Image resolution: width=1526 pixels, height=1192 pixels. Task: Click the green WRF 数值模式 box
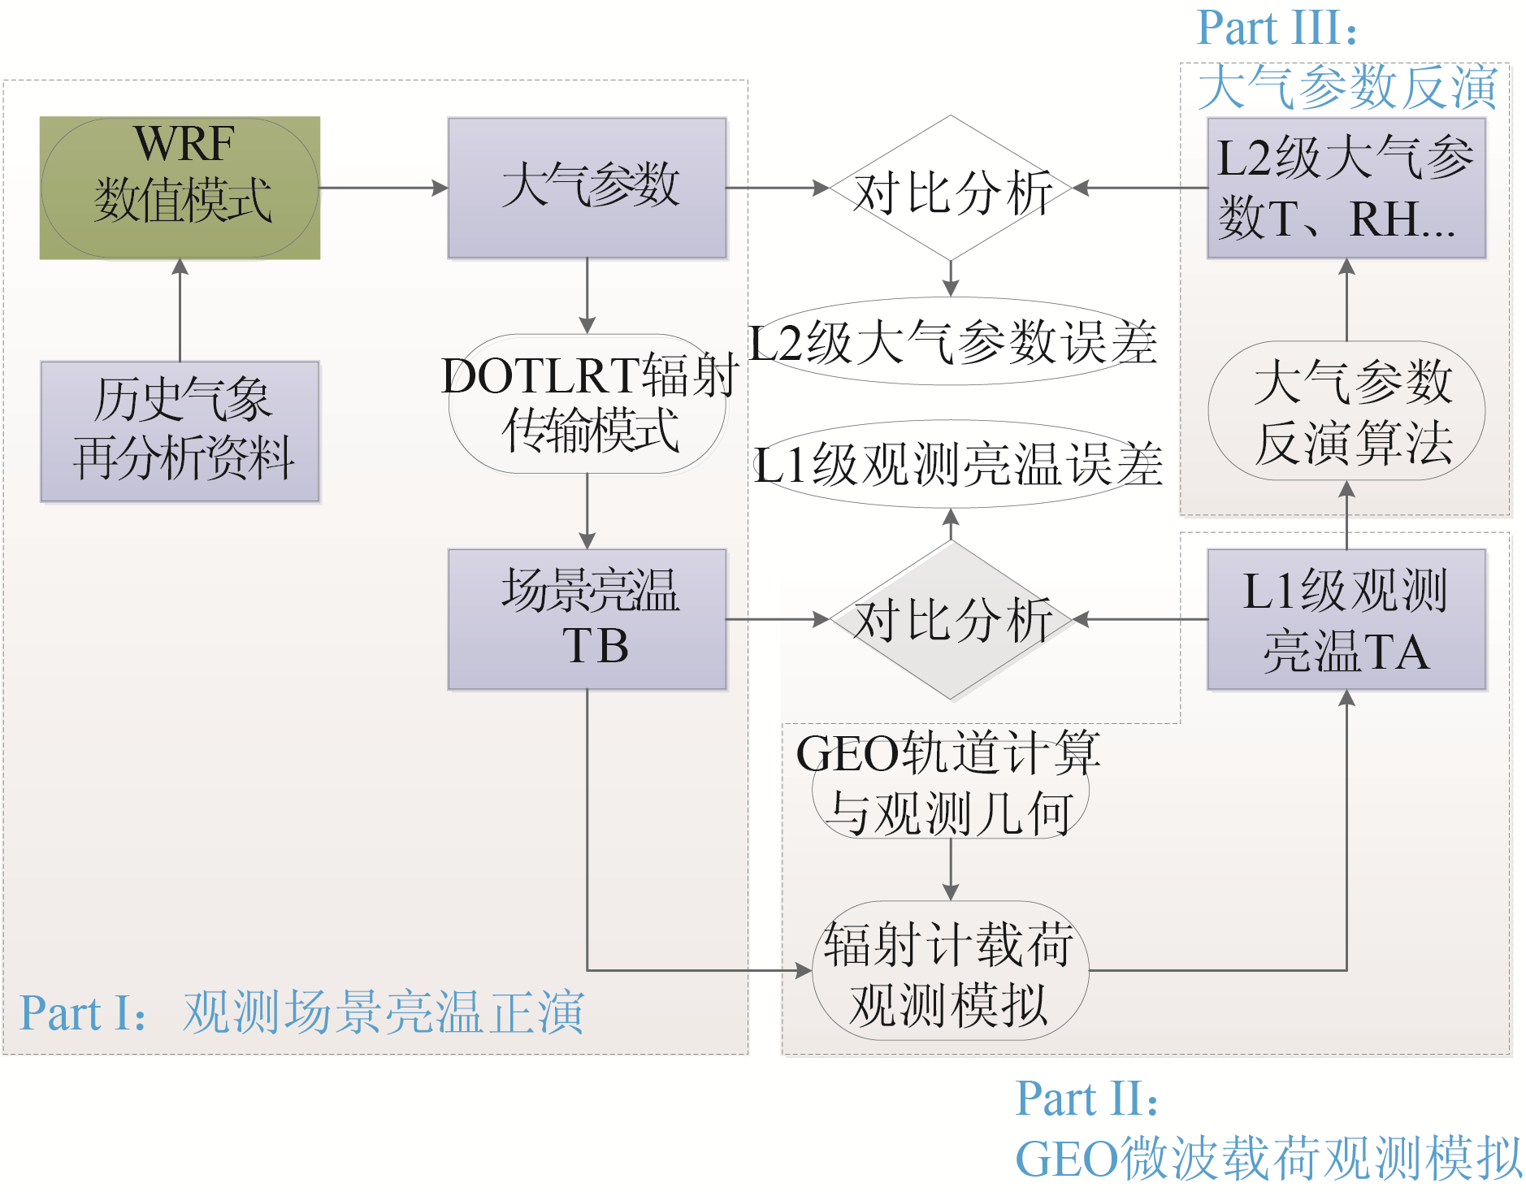click(x=180, y=188)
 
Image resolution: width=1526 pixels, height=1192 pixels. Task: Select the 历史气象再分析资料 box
click(x=180, y=431)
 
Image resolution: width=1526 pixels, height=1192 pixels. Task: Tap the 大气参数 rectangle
click(x=587, y=188)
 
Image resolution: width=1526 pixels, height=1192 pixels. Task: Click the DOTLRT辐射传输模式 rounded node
click(x=587, y=404)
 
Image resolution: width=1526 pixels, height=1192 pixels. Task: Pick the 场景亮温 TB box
click(x=587, y=619)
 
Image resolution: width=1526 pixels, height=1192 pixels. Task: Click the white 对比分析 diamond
click(x=951, y=189)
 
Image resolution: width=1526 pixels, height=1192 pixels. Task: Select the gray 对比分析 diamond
click(x=951, y=620)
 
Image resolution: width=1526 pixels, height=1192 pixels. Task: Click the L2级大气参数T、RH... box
click(x=1346, y=188)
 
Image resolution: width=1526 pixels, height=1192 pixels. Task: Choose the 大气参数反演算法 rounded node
click(x=1346, y=411)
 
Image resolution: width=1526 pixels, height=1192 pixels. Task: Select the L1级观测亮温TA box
click(x=1346, y=619)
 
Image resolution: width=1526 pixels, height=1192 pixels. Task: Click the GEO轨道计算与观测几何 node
click(x=950, y=784)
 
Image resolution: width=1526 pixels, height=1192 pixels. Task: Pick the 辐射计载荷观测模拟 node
click(x=950, y=971)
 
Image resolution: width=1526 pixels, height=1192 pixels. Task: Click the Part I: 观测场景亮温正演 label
click(x=301, y=1012)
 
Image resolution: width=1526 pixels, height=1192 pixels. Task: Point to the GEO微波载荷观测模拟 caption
click(x=1268, y=1158)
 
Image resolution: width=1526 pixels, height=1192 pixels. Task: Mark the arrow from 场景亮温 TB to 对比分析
click(x=777, y=619)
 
